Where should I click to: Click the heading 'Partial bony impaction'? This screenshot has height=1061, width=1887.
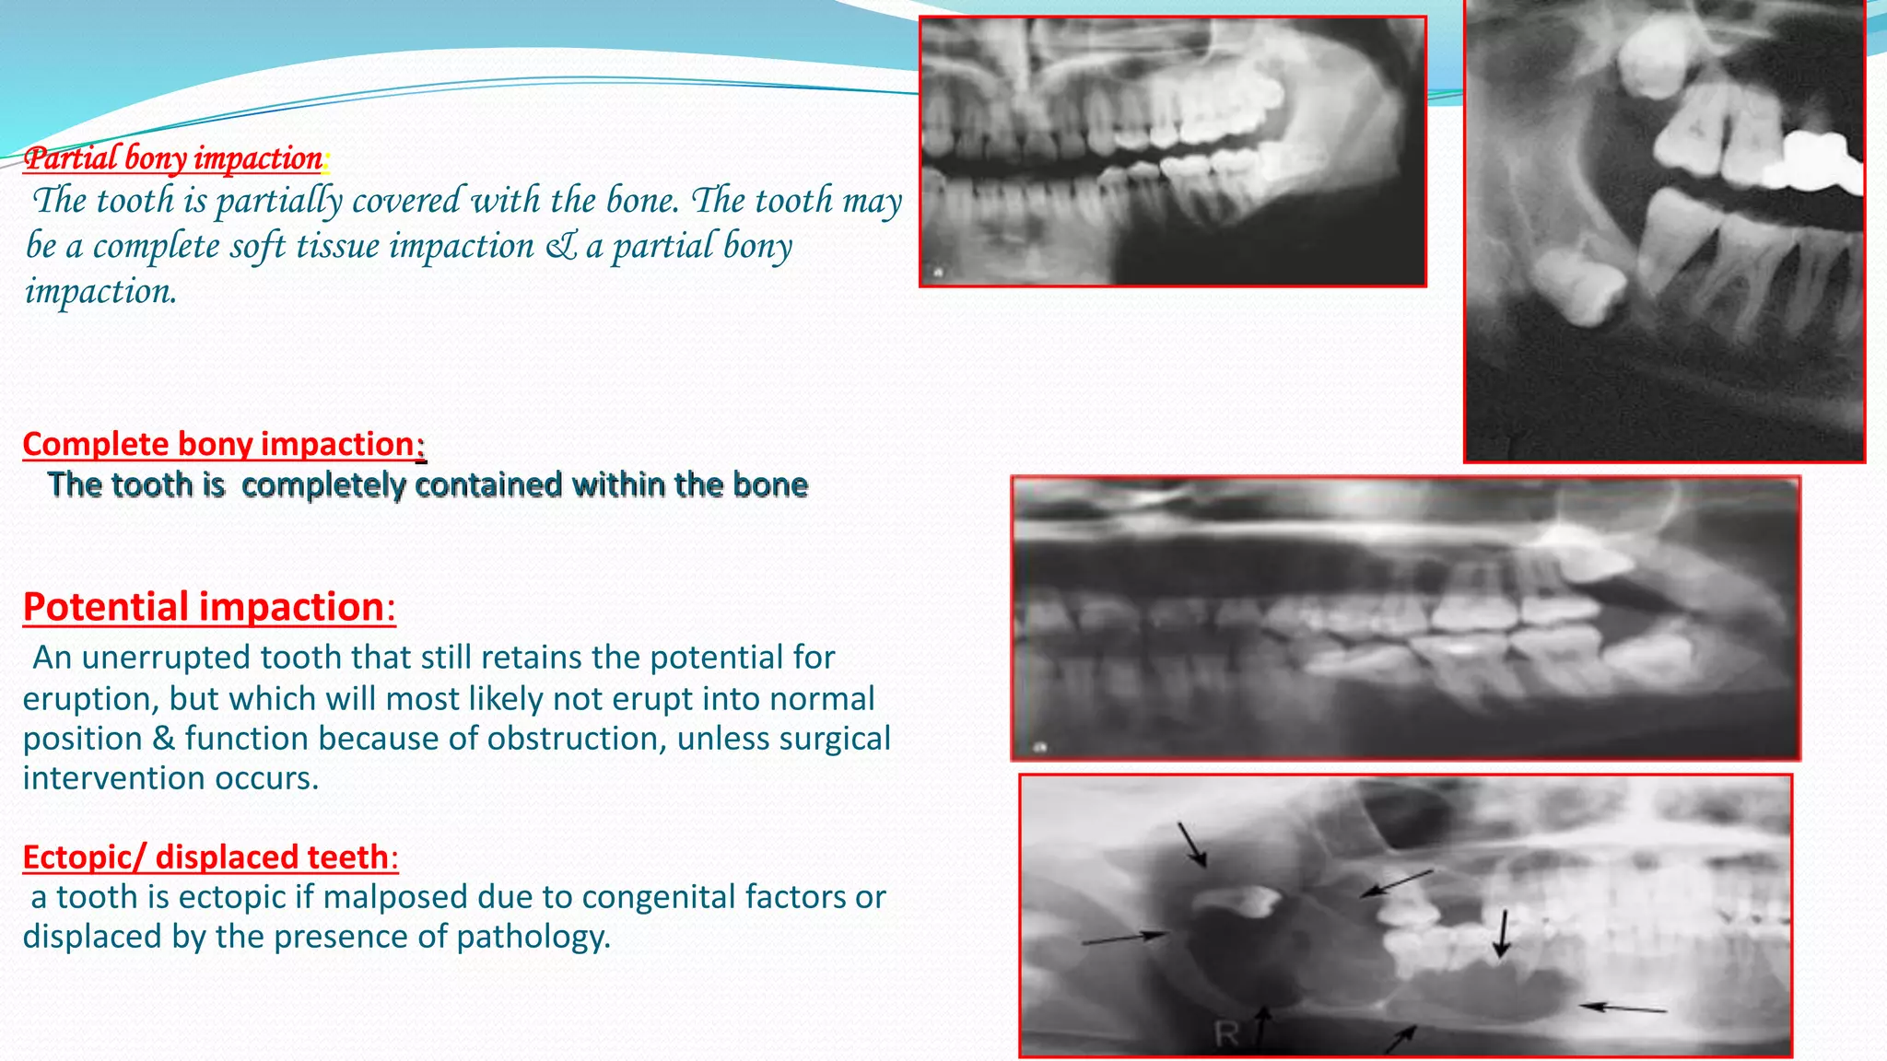tap(173, 158)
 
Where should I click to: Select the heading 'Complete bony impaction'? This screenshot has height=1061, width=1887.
tap(219, 444)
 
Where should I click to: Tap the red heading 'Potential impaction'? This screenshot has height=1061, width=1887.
tap(204, 607)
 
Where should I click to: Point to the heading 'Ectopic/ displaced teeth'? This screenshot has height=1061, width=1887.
tap(205, 857)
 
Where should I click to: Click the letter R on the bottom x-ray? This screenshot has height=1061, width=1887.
tap(1226, 1034)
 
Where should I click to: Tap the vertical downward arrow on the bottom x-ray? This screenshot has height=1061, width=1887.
tap(1502, 933)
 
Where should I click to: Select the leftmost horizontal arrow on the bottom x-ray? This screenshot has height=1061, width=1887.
tap(1124, 938)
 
